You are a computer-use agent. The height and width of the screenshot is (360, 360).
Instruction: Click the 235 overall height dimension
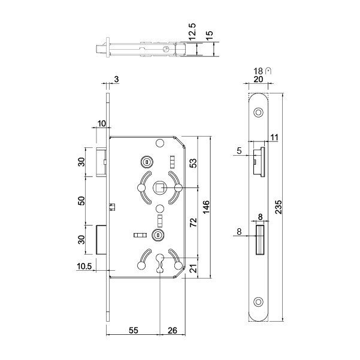(x=279, y=207)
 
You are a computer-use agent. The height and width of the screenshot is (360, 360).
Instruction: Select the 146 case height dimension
(x=206, y=207)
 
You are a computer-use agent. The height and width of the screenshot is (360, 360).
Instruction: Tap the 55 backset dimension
(x=134, y=331)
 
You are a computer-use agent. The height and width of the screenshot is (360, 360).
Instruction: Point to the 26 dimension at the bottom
(x=173, y=331)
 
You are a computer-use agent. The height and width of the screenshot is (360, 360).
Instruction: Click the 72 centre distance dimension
(x=193, y=222)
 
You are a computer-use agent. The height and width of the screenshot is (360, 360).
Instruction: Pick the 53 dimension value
(x=193, y=163)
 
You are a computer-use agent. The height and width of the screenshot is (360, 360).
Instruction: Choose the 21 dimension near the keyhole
(x=193, y=268)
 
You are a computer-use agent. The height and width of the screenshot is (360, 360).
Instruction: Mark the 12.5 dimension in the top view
(x=192, y=32)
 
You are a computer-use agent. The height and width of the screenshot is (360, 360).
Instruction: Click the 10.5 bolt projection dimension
(x=84, y=267)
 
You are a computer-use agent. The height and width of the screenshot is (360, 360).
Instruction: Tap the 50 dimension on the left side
(x=81, y=201)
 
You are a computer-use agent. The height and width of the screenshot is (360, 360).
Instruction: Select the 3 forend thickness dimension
(x=116, y=79)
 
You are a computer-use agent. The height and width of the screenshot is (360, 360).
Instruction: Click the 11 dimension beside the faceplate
(x=274, y=138)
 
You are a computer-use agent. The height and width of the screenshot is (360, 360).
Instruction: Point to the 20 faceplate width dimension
(x=258, y=79)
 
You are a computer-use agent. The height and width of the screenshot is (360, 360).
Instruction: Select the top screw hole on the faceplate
(x=258, y=113)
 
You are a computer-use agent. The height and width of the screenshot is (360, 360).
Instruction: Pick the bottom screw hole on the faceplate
(x=258, y=302)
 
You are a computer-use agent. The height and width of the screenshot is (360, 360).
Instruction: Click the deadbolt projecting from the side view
(x=101, y=240)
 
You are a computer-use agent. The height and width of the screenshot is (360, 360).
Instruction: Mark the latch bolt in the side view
(x=101, y=162)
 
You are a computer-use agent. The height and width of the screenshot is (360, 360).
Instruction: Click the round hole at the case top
(x=160, y=143)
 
